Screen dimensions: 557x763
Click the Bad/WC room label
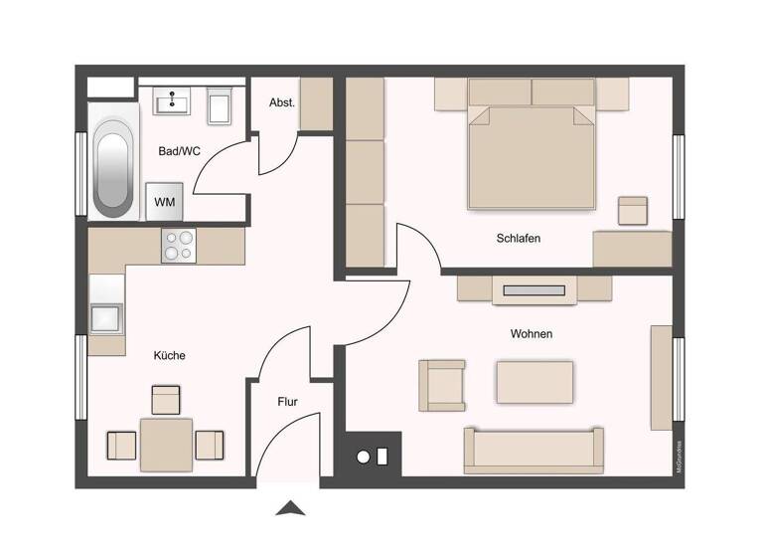(180, 151)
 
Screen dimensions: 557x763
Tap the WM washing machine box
(163, 202)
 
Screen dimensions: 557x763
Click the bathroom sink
(179, 100)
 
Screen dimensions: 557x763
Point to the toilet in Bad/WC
(220, 106)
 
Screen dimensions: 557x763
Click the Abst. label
(282, 102)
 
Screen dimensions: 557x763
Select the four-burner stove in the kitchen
(179, 245)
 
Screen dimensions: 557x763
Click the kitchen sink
(105, 317)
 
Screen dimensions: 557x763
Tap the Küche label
(169, 355)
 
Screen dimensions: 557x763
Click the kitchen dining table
(166, 444)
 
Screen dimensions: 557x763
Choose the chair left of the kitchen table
(121, 445)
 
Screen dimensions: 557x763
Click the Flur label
(286, 403)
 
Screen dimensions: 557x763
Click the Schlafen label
(518, 239)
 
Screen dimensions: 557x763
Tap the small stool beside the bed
(632, 210)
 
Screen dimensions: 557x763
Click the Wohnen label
(531, 334)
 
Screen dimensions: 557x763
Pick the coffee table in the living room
(534, 382)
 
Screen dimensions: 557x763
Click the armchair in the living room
(442, 385)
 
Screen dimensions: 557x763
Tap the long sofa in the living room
(534, 450)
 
